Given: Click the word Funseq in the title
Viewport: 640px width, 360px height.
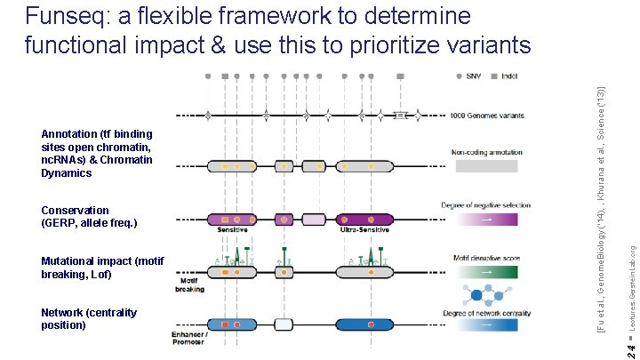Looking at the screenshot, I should click(x=68, y=17).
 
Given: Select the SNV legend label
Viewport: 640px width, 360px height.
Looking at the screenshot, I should click(x=475, y=77).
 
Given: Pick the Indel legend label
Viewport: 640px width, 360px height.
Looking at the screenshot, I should click(x=509, y=77).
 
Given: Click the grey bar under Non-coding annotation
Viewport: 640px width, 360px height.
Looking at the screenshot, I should click(x=485, y=166).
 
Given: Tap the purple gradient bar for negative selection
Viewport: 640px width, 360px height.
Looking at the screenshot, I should click(x=485, y=219).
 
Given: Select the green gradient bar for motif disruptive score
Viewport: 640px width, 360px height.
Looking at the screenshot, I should click(x=485, y=272).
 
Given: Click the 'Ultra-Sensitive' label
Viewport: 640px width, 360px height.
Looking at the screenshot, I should click(x=362, y=230).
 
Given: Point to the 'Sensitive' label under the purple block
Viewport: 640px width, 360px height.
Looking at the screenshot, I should click(x=233, y=229).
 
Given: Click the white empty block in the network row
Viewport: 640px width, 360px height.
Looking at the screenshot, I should click(x=284, y=325).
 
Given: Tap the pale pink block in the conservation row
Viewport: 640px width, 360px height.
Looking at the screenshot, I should click(x=314, y=219).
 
